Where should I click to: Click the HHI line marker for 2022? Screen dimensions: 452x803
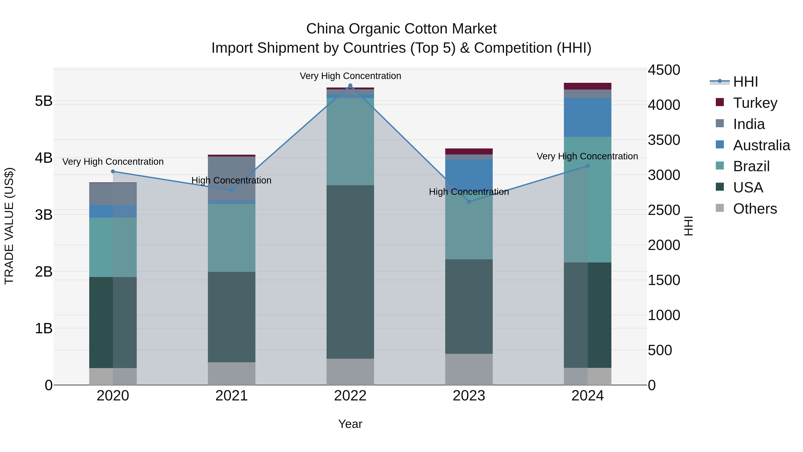tap(350, 85)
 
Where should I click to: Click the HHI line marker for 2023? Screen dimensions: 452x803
tap(469, 202)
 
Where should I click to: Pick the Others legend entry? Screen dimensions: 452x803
tap(755, 209)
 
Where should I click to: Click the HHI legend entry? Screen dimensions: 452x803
tap(745, 82)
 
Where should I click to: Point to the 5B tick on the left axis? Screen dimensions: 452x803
tap(44, 101)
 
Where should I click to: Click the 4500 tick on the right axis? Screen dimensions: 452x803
tap(664, 70)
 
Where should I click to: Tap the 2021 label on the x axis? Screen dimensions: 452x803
tap(231, 396)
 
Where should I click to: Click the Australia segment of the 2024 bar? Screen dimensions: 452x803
tap(587, 117)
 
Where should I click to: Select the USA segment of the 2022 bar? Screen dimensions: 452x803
tap(350, 271)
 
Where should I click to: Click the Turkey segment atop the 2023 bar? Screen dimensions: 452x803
tap(469, 152)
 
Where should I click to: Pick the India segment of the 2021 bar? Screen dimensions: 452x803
tap(231, 178)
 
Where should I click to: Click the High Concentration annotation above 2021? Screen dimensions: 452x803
tap(231, 180)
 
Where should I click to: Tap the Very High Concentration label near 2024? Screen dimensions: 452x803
tap(587, 156)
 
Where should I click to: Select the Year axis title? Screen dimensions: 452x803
tap(350, 424)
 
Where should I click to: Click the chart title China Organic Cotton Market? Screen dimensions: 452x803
tap(401, 29)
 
